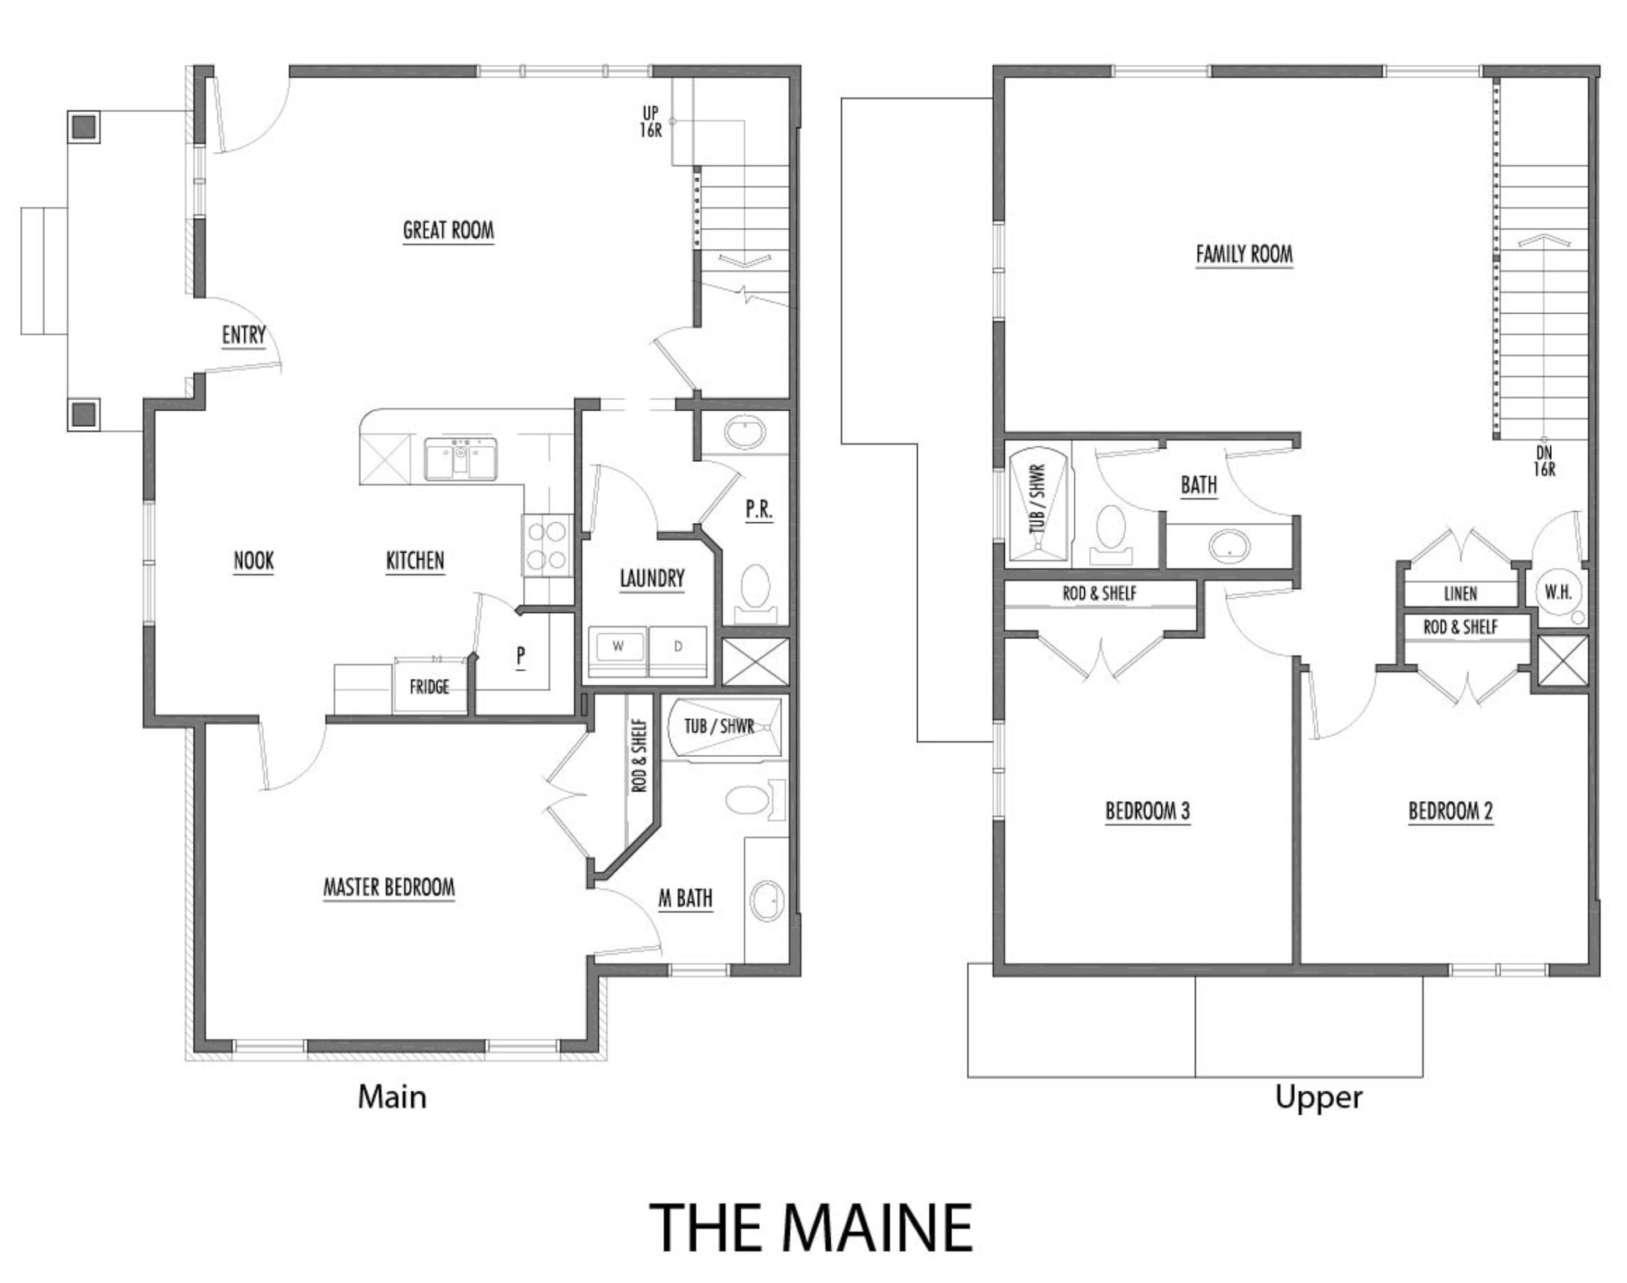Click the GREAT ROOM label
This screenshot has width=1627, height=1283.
[449, 231]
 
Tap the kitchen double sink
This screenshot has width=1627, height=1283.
[460, 459]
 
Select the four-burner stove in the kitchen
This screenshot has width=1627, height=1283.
[548, 545]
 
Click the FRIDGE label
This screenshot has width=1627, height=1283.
[429, 687]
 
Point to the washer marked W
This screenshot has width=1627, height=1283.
[618, 647]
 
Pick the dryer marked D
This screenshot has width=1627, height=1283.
[677, 647]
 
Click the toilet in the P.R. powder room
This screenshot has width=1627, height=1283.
[756, 589]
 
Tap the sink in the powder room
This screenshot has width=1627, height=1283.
[744, 434]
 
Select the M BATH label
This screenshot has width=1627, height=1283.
[685, 899]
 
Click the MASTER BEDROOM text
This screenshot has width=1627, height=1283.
[389, 887]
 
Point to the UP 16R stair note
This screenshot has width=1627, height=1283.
[651, 122]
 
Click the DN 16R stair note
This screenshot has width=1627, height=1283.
[1544, 461]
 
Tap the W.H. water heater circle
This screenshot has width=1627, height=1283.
[1558, 592]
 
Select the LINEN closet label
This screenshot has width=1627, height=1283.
[1460, 594]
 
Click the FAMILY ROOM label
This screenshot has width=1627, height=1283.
[1244, 254]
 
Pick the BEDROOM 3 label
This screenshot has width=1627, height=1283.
[1148, 811]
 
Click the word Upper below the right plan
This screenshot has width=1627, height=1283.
[1318, 1097]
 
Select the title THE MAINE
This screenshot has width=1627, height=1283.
[811, 1227]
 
